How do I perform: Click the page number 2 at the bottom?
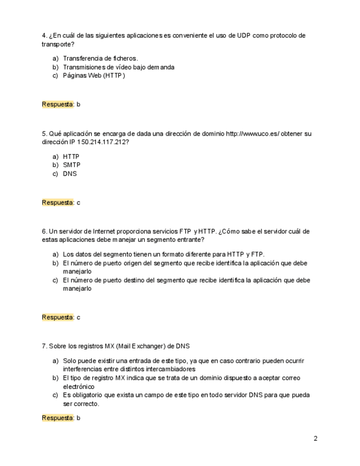[315, 439]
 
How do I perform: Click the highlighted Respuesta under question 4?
[58, 104]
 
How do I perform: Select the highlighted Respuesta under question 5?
[58, 202]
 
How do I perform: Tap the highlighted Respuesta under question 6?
[58, 317]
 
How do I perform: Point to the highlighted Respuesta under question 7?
[58, 418]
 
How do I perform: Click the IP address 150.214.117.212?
[103, 142]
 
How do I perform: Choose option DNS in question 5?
[70, 174]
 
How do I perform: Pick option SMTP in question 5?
[71, 165]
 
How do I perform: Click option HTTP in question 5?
[71, 157]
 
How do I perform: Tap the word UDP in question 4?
[243, 36]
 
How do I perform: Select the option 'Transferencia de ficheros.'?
[100, 58]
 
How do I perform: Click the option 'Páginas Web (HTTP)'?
[94, 75]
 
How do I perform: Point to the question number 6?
[44, 231]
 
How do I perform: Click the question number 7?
[44, 346]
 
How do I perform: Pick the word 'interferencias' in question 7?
[82, 369]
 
